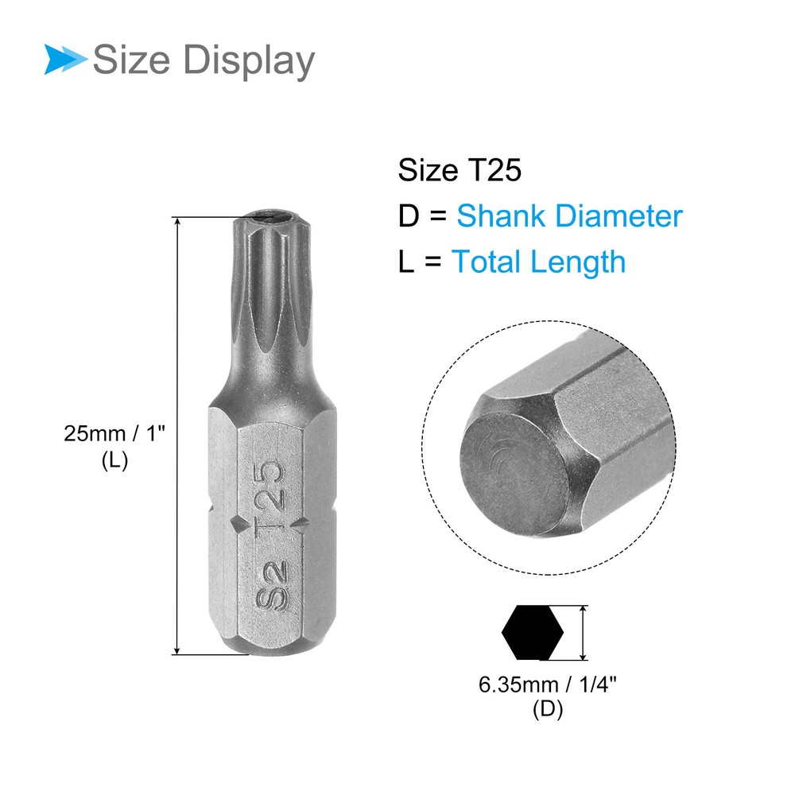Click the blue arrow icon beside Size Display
[x=65, y=60]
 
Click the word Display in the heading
[x=248, y=62]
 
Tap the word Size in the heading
[x=131, y=60]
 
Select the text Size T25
[x=460, y=170]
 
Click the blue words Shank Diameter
[x=569, y=216]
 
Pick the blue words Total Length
[x=538, y=262]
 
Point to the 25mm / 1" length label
[x=114, y=434]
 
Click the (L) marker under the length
[x=114, y=460]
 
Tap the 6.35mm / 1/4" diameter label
[x=548, y=685]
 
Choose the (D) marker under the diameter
[x=548, y=709]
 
